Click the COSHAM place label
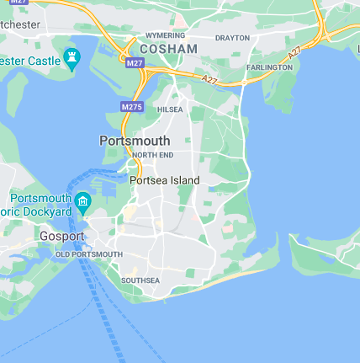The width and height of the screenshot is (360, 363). point(168,50)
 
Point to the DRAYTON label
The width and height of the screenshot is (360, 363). point(232,38)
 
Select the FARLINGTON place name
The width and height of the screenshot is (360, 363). point(269,67)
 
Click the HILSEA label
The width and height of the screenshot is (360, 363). point(170,109)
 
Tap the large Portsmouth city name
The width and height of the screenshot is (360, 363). point(135,141)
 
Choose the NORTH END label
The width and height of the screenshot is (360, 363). point(152,156)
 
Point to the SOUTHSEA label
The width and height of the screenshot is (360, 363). point(140,280)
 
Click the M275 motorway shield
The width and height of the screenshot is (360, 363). point(131,107)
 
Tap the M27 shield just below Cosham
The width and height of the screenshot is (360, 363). point(135,63)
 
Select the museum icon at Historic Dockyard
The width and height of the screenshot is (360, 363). point(82,200)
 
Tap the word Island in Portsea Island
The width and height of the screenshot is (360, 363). point(184,180)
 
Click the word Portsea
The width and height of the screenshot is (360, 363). point(148,180)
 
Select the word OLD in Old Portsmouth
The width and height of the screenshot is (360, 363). point(63,254)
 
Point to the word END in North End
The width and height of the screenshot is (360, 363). point(165,156)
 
